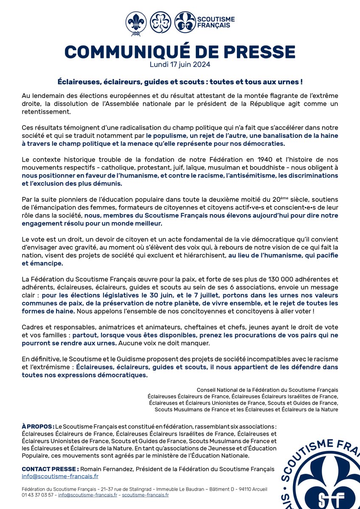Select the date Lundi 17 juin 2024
tap(180, 65)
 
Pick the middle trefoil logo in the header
tap(160, 22)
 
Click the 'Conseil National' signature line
tap(267, 389)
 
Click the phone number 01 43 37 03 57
tap(39, 495)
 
